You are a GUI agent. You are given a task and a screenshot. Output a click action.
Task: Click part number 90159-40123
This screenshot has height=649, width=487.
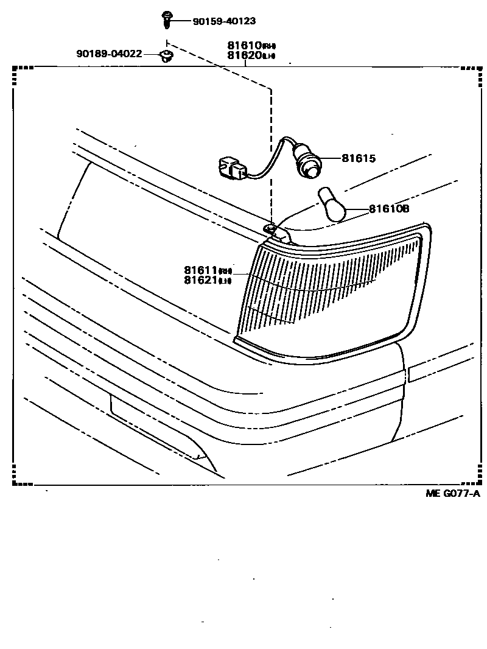pos(223,21)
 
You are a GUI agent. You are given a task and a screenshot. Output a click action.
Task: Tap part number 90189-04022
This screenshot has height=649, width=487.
pos(109,54)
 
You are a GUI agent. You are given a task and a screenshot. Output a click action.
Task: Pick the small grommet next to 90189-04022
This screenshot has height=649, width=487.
pos(165,56)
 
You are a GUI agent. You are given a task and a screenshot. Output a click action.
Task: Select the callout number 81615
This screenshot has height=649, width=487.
pos(359,158)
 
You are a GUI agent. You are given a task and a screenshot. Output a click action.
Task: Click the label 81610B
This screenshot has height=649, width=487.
pos(389,209)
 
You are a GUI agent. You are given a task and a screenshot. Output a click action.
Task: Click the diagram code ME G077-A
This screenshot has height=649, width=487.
pos(452,493)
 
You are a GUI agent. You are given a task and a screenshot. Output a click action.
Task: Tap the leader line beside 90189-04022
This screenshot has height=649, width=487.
pos(152,54)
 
